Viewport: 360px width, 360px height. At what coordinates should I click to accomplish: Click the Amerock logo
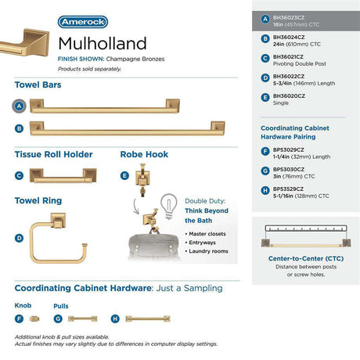pyautogui.click(x=83, y=22)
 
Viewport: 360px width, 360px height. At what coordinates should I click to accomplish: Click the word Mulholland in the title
pyautogui.click(x=103, y=43)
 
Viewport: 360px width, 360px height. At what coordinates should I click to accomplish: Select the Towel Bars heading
pyautogui.click(x=38, y=85)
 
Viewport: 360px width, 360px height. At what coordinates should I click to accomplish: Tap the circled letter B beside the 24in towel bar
pyautogui.click(x=19, y=128)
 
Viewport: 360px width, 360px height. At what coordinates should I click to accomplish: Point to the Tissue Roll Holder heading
pyautogui.click(x=54, y=154)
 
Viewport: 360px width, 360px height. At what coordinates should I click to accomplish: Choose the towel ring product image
pyautogui.click(x=59, y=238)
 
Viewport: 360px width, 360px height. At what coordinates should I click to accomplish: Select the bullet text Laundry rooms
pyautogui.click(x=208, y=251)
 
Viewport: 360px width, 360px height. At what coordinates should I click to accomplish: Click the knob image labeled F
pyautogui.click(x=34, y=319)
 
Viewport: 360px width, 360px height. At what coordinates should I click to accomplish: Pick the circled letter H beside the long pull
pyautogui.click(x=115, y=319)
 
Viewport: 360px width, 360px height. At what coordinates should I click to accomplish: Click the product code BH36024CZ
pyautogui.click(x=289, y=38)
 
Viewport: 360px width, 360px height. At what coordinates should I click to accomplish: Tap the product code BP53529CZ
pyautogui.click(x=288, y=189)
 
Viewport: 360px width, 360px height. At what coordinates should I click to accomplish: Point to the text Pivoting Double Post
pyautogui.click(x=300, y=63)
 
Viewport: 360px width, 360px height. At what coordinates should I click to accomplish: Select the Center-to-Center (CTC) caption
pyautogui.click(x=306, y=258)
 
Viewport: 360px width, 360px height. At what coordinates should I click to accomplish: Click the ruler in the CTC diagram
pyautogui.click(x=306, y=229)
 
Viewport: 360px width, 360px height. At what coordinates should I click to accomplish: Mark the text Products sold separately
pyautogui.click(x=89, y=69)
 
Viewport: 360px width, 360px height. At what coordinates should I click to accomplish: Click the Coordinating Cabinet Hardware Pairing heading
pyautogui.click(x=295, y=132)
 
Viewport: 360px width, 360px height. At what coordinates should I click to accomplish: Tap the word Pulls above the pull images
pyautogui.click(x=61, y=306)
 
